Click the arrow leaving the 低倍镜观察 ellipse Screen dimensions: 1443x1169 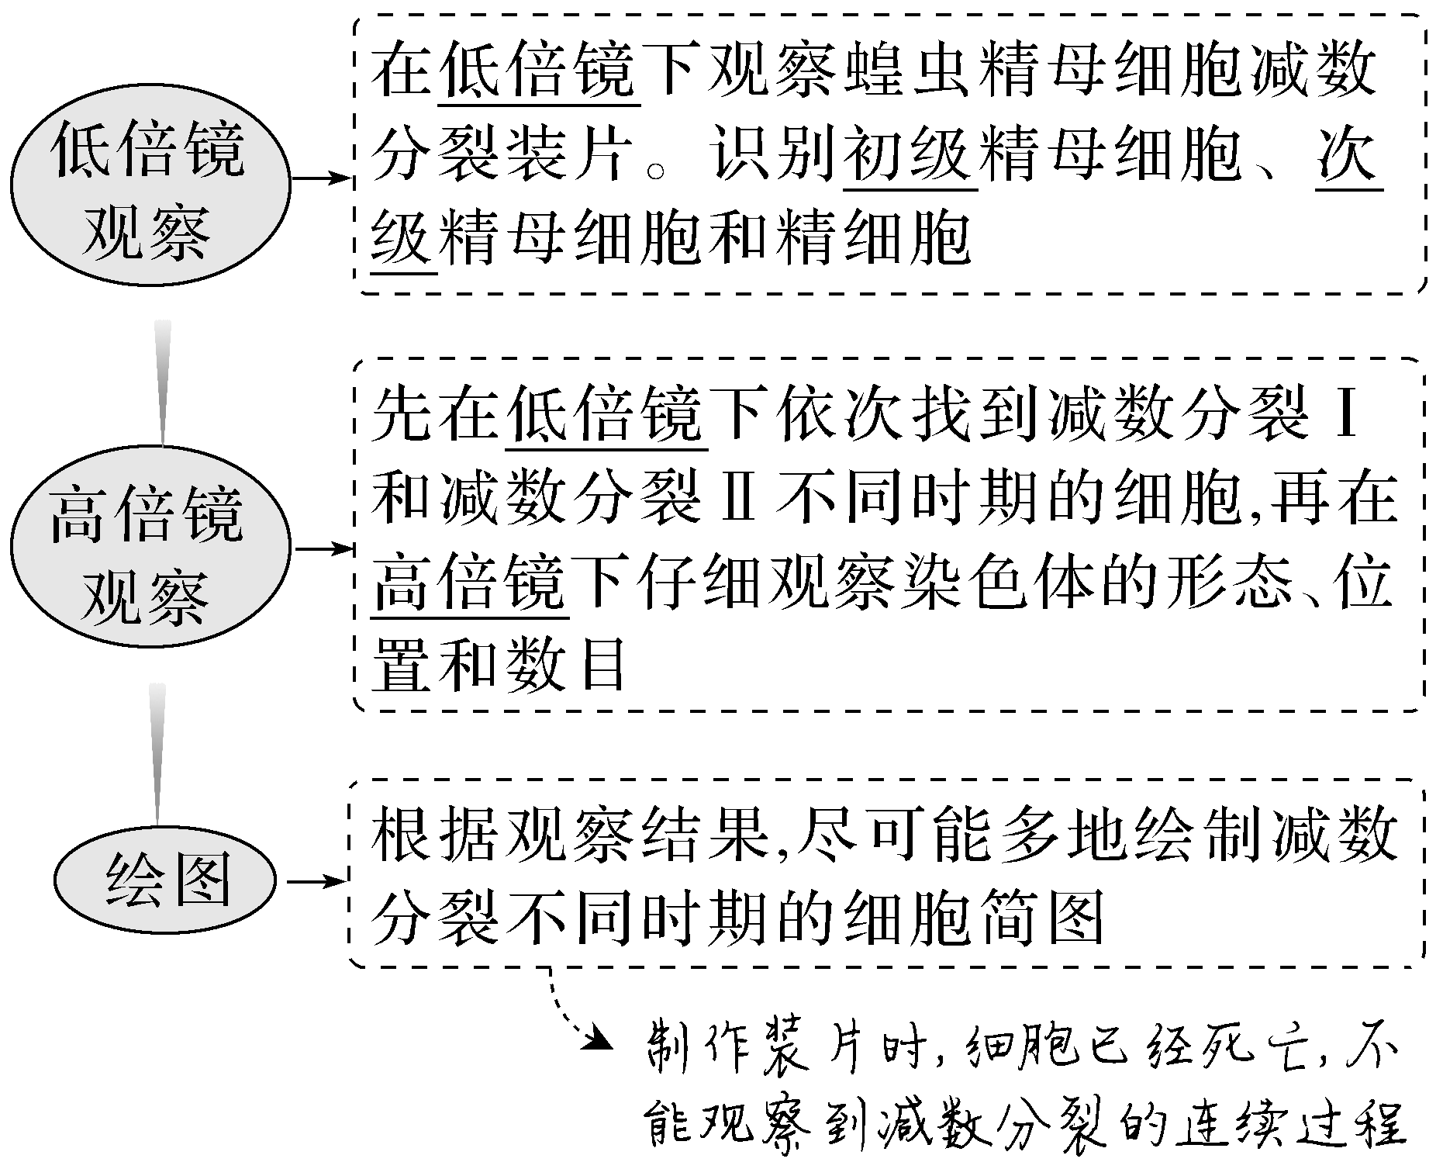[321, 179]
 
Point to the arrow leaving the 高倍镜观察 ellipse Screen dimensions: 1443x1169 [321, 549]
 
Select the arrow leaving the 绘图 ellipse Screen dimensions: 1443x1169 [316, 882]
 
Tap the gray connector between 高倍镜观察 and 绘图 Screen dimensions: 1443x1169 [158, 752]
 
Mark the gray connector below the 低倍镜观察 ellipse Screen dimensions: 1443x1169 [163, 382]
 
